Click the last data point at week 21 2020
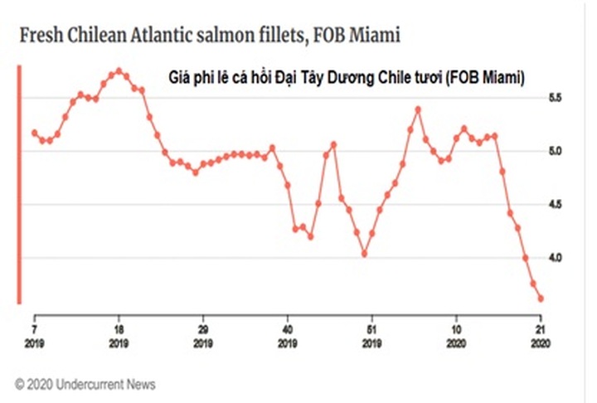tap(541, 299)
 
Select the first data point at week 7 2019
tap(34, 133)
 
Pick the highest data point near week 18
tap(119, 71)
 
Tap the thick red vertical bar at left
tap(20, 182)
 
